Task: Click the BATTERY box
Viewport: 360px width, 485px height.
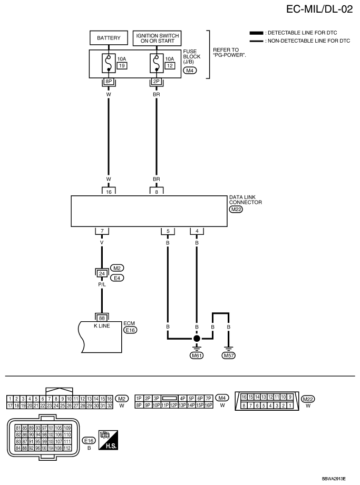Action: tap(109, 38)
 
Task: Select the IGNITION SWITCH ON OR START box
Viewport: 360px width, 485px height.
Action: tap(157, 38)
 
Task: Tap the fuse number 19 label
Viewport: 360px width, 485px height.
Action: tap(121, 65)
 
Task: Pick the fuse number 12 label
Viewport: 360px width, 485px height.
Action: tap(169, 65)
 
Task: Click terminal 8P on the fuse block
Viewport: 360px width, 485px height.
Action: tap(109, 82)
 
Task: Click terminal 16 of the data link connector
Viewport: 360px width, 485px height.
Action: tap(109, 193)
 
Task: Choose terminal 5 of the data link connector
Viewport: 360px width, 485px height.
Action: tap(168, 231)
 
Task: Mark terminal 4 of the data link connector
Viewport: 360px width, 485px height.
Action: tap(197, 231)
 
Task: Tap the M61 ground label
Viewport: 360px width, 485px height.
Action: tap(197, 355)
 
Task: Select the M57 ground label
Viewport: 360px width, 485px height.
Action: tap(229, 355)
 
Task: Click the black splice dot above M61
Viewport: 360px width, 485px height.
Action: tap(197, 338)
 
